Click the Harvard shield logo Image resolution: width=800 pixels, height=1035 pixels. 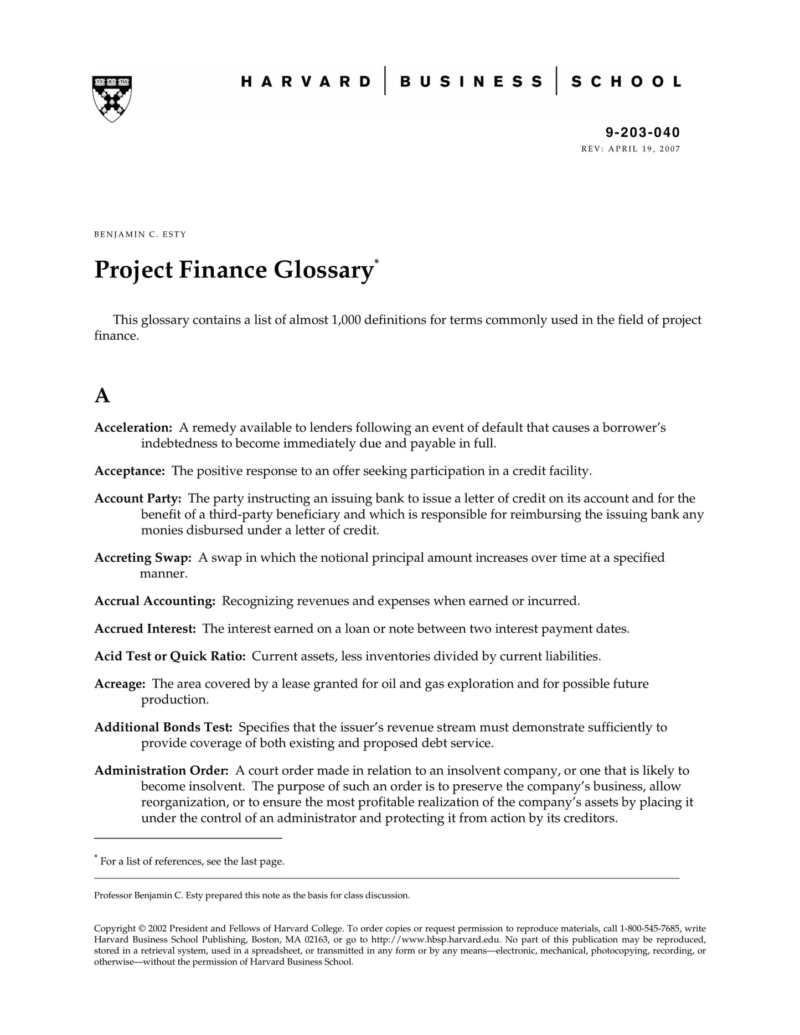pyautogui.click(x=112, y=99)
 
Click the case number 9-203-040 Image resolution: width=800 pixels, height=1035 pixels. pyautogui.click(x=642, y=132)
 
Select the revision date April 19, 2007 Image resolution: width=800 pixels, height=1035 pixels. pyautogui.click(x=644, y=149)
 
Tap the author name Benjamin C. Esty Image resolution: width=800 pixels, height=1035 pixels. pyautogui.click(x=140, y=234)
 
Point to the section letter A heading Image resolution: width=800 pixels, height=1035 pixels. pyautogui.click(x=102, y=396)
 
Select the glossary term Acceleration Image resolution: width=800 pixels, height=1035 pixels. pyautogui.click(x=133, y=428)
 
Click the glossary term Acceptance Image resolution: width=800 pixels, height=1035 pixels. pyautogui.click(x=130, y=471)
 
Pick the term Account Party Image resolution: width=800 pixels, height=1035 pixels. pyautogui.click(x=137, y=499)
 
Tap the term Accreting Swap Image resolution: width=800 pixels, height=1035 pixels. pyautogui.click(x=143, y=558)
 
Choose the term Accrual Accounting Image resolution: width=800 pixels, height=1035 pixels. pyautogui.click(x=154, y=601)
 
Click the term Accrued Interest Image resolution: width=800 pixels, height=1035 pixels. pyautogui.click(x=145, y=629)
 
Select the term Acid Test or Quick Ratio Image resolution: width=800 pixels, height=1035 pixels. pyautogui.click(x=169, y=656)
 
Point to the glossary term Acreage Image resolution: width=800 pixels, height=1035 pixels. pyautogui.click(x=120, y=684)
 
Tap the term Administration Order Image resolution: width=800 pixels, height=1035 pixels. pyautogui.click(x=161, y=770)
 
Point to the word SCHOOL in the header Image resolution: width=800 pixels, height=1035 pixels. pyautogui.click(x=626, y=82)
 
